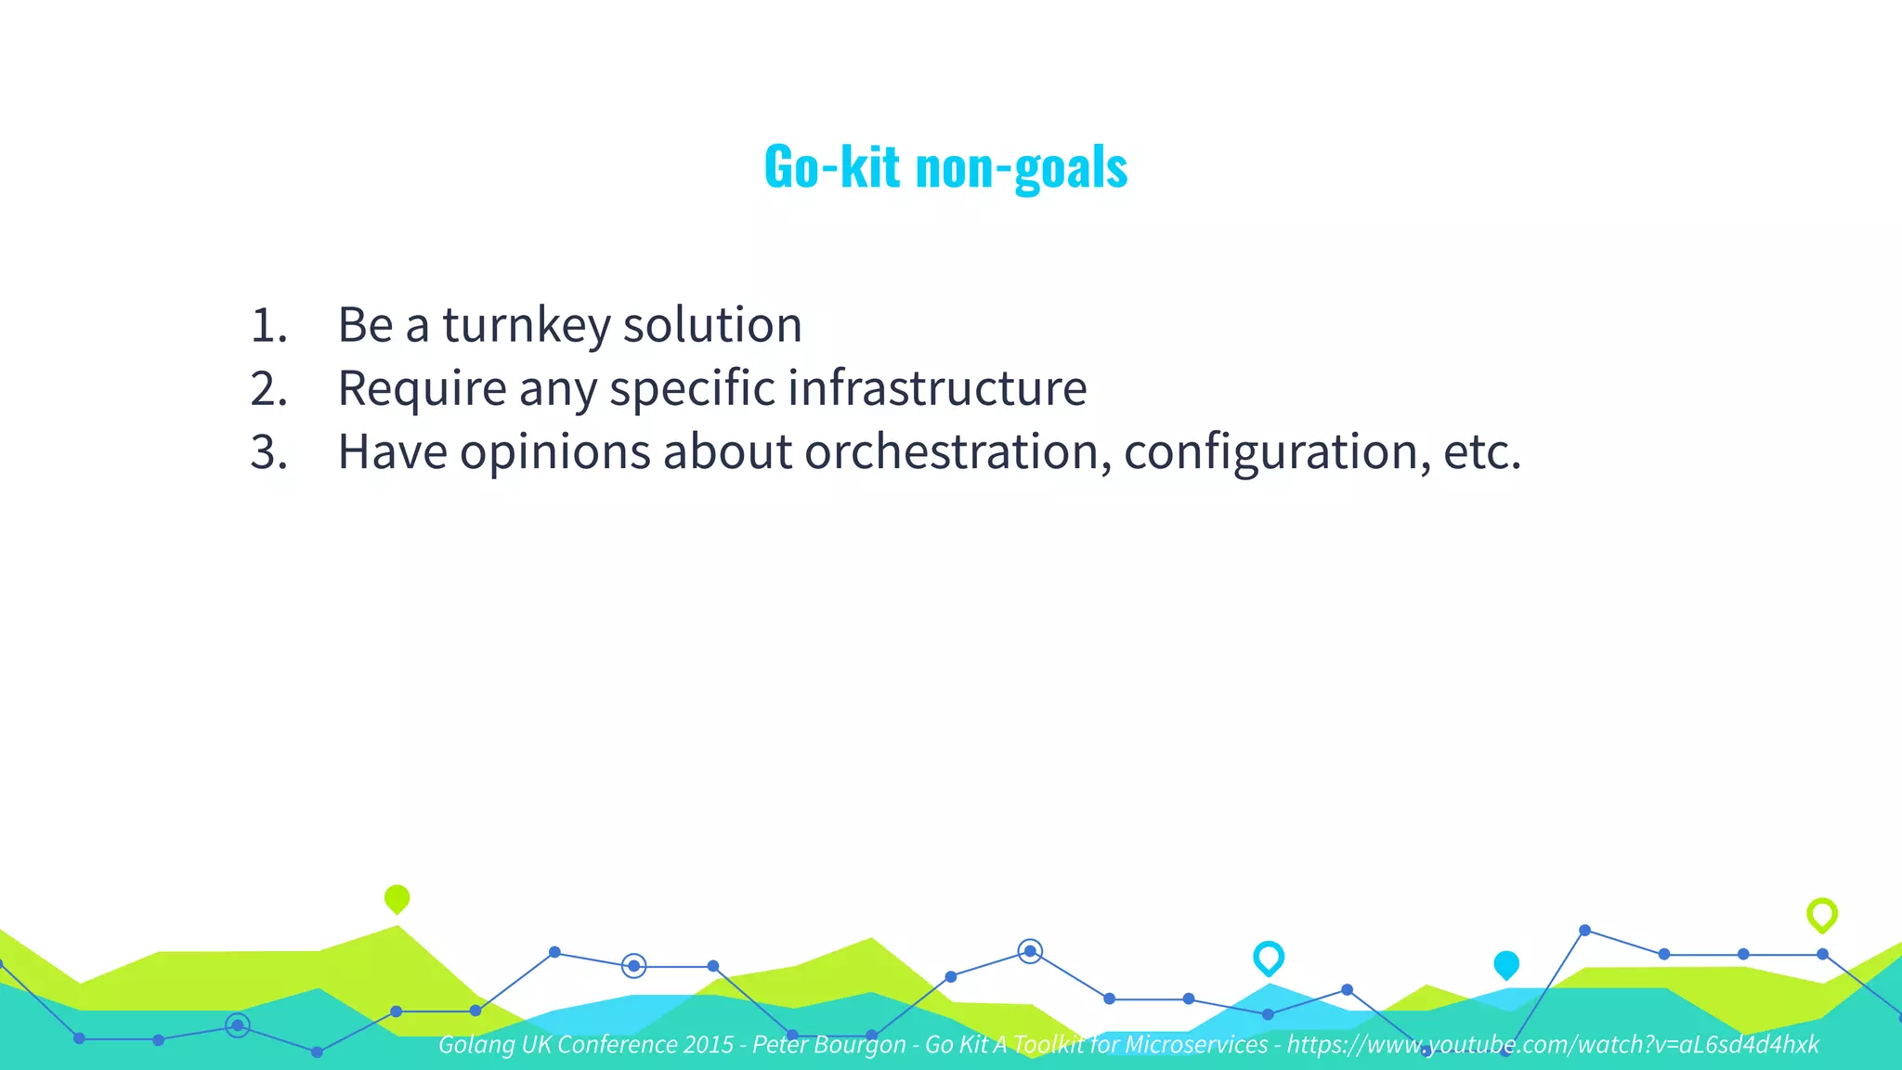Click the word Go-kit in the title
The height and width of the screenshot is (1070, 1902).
(x=831, y=167)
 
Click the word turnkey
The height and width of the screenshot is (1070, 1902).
(x=526, y=326)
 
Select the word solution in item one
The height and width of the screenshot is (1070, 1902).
(x=711, y=326)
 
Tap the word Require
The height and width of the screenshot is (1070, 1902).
(x=421, y=389)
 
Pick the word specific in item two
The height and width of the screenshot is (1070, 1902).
(x=691, y=389)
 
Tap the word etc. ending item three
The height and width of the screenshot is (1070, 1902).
(x=1482, y=452)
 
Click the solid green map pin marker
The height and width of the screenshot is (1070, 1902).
(x=397, y=898)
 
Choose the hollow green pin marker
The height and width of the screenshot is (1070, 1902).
(x=1821, y=915)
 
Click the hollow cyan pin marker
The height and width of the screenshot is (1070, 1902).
(x=1268, y=958)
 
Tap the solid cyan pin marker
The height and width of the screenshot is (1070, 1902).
(x=1505, y=965)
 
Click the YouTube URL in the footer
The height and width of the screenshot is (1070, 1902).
(x=1552, y=1045)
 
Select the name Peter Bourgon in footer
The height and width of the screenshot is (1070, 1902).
(x=828, y=1045)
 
